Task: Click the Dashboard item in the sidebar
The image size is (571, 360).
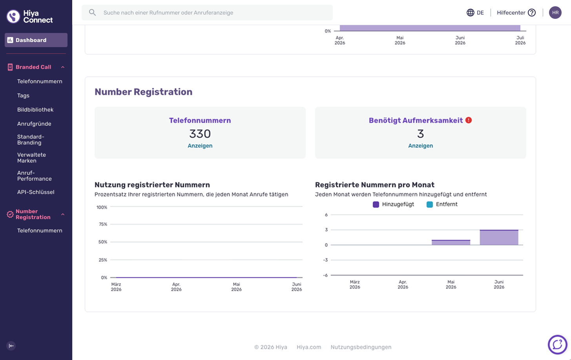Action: tap(36, 40)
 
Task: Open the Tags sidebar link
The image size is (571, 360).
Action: tap(23, 95)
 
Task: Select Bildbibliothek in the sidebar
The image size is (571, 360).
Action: tap(35, 110)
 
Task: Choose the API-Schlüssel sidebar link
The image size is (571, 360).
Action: tap(36, 192)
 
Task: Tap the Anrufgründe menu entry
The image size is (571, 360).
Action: tap(34, 124)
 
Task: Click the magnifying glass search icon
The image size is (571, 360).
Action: tap(92, 13)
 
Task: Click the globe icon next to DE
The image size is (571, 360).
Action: tap(470, 13)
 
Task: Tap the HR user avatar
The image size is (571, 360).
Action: tap(555, 13)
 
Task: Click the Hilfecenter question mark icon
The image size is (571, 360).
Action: tap(532, 13)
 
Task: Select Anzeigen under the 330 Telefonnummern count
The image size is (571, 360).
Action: tap(200, 146)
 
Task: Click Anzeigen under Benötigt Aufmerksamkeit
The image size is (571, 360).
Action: tap(421, 146)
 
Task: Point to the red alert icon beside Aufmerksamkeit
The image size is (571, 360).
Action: tap(469, 120)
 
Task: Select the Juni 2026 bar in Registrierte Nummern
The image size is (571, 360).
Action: tap(499, 238)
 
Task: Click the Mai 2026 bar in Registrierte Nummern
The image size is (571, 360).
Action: tap(451, 243)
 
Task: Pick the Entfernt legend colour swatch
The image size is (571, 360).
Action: tap(429, 205)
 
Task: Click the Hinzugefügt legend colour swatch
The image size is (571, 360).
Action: tap(376, 205)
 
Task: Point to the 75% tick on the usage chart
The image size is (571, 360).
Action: tap(103, 225)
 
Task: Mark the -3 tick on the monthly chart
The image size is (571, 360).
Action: tap(325, 260)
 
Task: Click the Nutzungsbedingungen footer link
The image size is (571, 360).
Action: tap(361, 347)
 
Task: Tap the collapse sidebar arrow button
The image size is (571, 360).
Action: tap(11, 346)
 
